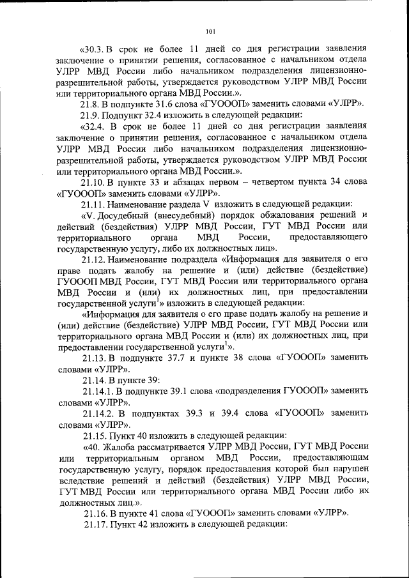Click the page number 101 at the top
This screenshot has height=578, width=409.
pyautogui.click(x=212, y=30)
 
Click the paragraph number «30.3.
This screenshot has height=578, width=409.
pyautogui.click(x=94, y=48)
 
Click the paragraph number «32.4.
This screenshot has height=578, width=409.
pyautogui.click(x=94, y=126)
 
